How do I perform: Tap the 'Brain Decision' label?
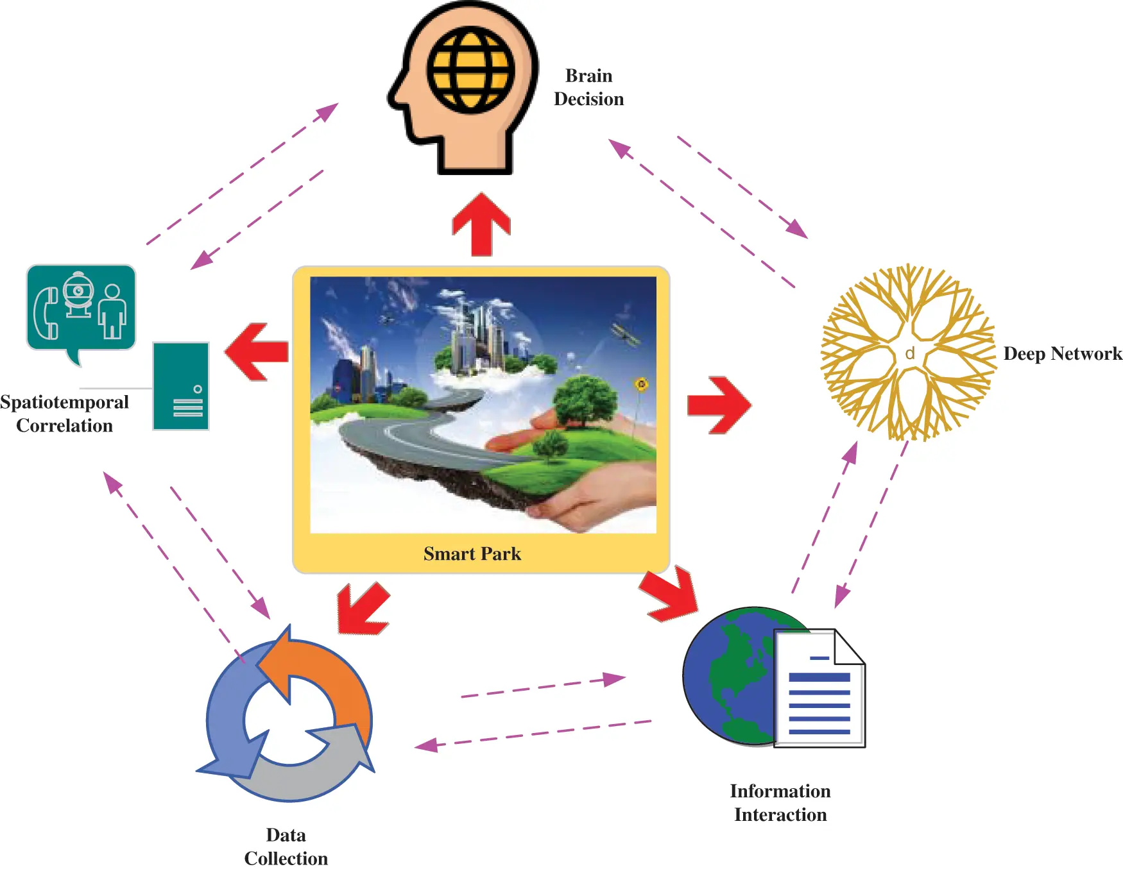(x=588, y=87)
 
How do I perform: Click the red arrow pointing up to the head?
(x=481, y=224)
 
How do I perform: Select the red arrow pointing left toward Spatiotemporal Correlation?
(x=257, y=351)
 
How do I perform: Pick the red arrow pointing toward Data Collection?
(x=362, y=609)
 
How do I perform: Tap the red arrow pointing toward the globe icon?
(x=671, y=594)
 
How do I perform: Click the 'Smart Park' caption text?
(x=472, y=553)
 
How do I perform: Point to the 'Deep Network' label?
(x=1062, y=353)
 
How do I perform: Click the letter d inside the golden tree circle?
(x=909, y=353)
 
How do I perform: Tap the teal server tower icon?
(x=181, y=385)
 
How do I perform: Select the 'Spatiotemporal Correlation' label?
(x=64, y=414)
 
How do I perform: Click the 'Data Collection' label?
(x=286, y=847)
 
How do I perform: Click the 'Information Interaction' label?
(x=780, y=802)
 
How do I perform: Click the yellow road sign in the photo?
(x=640, y=384)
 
